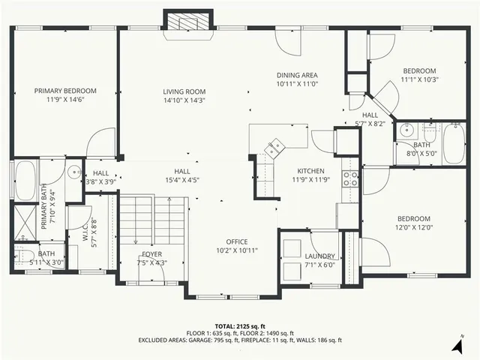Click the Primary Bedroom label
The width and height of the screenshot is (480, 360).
point(64,91)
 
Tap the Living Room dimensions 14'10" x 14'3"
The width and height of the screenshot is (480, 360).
point(184,100)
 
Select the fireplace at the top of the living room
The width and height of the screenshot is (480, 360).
point(184,21)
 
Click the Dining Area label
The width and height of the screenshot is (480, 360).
point(297,75)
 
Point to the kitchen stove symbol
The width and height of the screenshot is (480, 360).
point(350,178)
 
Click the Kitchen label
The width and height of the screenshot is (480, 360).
point(309,170)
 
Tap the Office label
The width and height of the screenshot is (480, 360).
point(232,241)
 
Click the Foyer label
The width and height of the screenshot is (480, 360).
point(151,254)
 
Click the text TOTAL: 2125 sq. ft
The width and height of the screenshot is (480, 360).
point(239,325)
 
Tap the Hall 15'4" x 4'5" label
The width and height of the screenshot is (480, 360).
point(181,171)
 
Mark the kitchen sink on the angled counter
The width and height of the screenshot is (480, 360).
point(274,147)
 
